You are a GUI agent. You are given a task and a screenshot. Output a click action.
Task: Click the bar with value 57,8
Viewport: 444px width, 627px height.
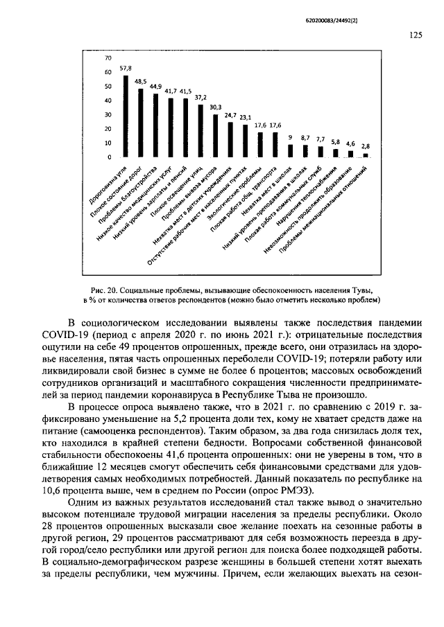click(126, 116)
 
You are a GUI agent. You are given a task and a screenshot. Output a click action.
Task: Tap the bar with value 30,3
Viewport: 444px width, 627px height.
click(215, 136)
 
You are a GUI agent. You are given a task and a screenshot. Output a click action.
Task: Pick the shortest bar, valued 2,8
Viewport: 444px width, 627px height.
click(366, 155)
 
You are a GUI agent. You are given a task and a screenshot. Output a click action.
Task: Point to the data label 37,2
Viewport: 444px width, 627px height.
click(200, 98)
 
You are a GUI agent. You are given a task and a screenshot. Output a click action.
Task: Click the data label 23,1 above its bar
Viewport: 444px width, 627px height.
click(245, 118)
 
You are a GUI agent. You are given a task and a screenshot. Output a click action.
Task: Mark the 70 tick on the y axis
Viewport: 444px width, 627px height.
click(108, 58)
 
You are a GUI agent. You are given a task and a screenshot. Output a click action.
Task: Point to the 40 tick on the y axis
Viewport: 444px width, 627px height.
click(108, 100)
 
